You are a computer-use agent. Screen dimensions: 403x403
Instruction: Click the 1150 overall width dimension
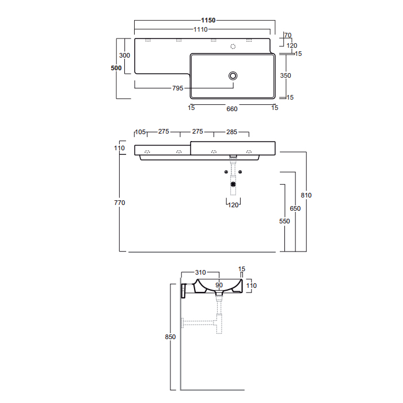pyautogui.click(x=208, y=20)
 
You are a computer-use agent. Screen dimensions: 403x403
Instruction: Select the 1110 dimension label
pyautogui.click(x=200, y=29)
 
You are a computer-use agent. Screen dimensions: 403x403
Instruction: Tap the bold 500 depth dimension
pyautogui.click(x=116, y=68)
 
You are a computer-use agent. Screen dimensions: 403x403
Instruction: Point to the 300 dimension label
pyautogui.click(x=125, y=55)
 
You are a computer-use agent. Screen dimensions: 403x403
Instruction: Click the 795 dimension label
pyautogui.click(x=177, y=88)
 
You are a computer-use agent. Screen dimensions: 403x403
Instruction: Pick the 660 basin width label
pyautogui.click(x=232, y=109)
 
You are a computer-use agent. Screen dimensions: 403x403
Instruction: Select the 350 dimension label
pyautogui.click(x=286, y=75)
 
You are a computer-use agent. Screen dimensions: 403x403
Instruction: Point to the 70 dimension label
pyautogui.click(x=288, y=35)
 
